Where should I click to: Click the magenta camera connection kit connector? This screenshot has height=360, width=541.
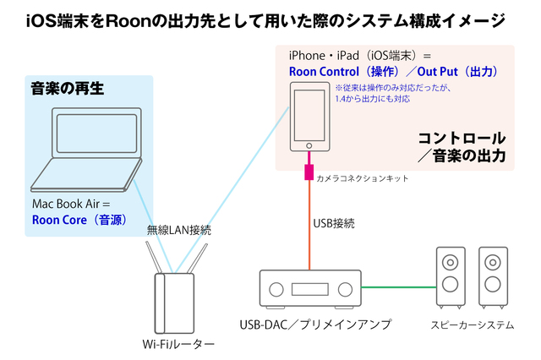coord(309,173)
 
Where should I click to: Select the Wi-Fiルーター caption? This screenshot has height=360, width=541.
coord(178,344)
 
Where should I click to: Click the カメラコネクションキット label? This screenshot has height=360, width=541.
coord(363,179)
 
